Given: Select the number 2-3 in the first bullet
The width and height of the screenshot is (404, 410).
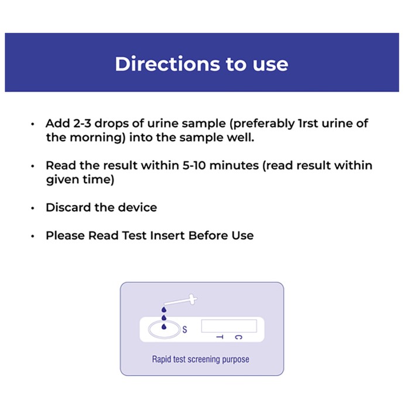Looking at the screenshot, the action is click(82, 124).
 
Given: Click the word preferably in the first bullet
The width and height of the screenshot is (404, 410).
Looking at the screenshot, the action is click(262, 124).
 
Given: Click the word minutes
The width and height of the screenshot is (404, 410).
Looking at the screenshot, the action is click(234, 166).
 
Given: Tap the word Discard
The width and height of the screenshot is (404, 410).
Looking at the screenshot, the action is click(69, 207).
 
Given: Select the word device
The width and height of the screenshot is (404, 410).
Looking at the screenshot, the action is click(138, 207).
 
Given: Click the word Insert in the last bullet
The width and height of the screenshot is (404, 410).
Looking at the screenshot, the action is click(167, 235).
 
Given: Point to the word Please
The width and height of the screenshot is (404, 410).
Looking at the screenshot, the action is click(66, 235).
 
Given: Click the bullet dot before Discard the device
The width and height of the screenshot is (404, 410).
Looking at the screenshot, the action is click(33, 208).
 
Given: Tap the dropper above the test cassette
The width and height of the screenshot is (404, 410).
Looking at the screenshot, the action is click(180, 300).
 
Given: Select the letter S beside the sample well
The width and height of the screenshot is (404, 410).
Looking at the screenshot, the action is click(185, 329).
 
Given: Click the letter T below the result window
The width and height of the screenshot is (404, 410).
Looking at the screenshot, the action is click(220, 337).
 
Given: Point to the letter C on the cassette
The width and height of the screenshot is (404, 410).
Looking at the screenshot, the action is click(238, 337).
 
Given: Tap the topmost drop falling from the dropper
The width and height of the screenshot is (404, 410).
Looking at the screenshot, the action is click(164, 310).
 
